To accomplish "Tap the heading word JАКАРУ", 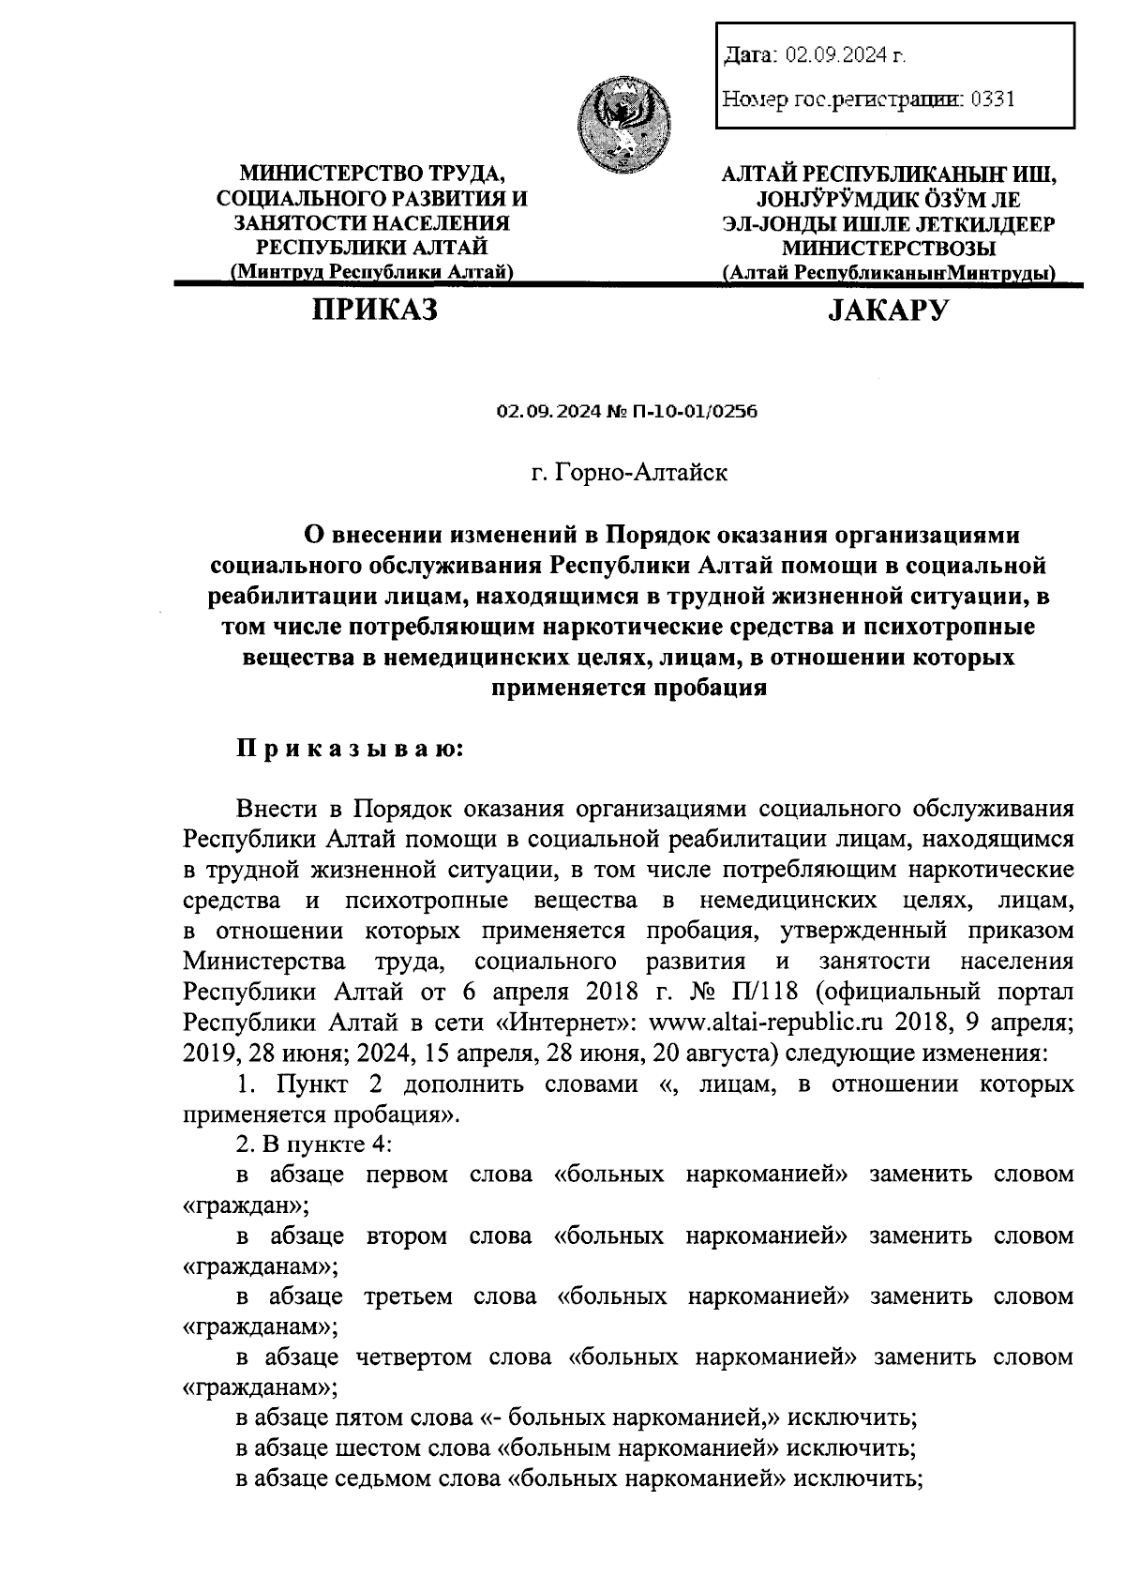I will coord(888,310).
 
